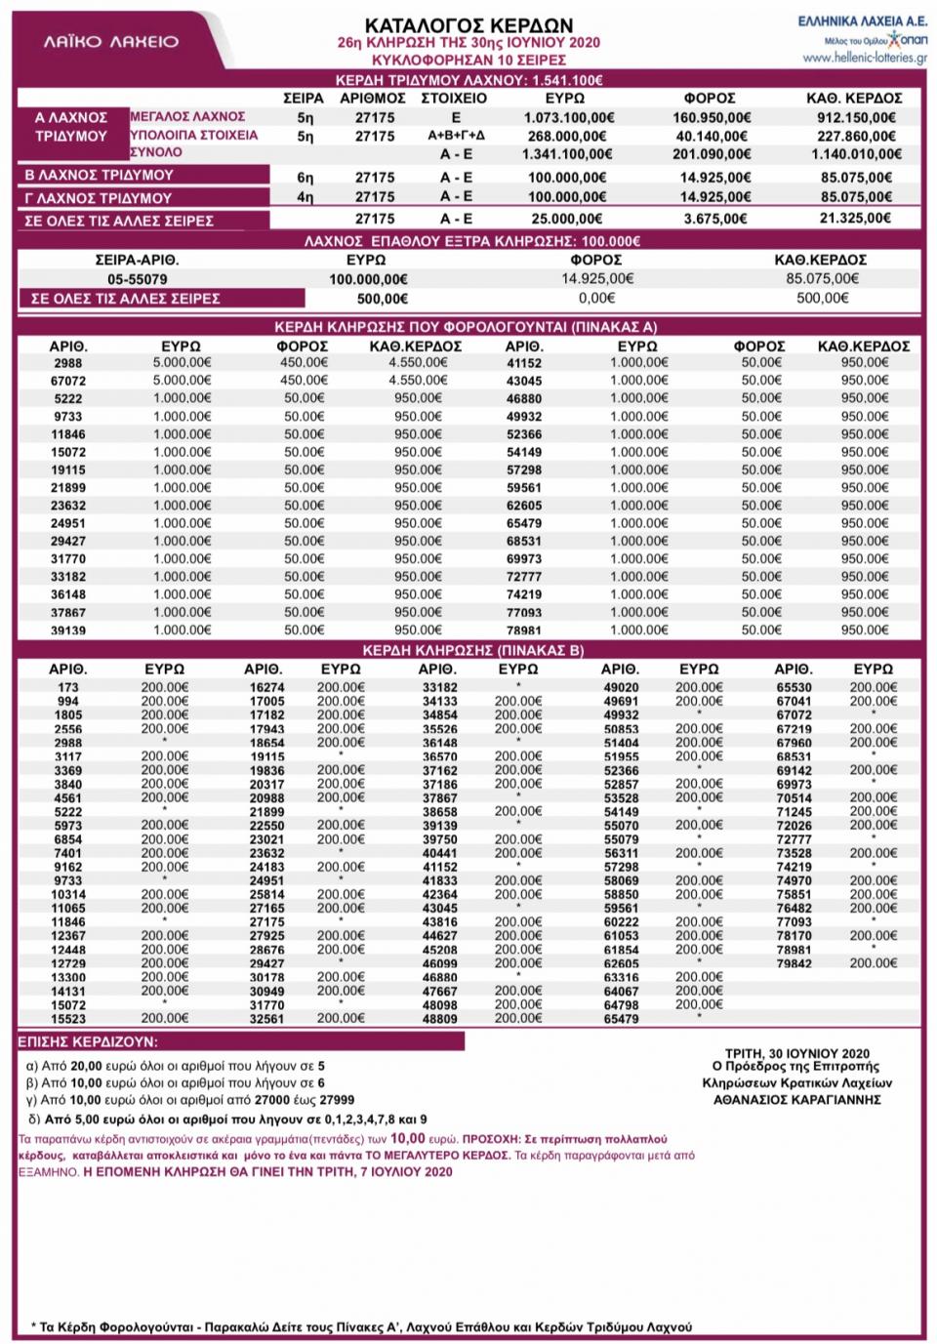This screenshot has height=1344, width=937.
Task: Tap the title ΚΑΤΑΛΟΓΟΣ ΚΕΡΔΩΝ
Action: (468, 25)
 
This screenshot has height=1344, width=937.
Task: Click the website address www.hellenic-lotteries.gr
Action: (865, 58)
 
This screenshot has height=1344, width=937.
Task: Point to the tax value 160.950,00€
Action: (711, 117)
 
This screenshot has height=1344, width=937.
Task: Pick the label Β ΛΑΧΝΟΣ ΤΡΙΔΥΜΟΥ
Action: (99, 176)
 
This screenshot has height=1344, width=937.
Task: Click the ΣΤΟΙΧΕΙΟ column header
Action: (453, 99)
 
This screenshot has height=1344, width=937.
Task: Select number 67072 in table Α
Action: (67, 381)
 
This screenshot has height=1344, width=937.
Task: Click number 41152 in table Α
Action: (523, 363)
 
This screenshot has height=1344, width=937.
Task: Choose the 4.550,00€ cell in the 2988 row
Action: (416, 363)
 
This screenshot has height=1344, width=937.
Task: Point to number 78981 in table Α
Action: (523, 631)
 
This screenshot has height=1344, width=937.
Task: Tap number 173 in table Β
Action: (67, 687)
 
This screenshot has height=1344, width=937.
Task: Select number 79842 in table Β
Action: (793, 963)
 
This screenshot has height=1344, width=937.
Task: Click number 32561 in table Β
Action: (266, 1019)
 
